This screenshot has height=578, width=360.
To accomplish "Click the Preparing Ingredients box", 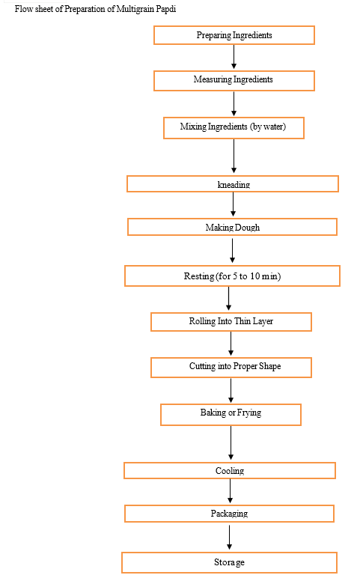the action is [234, 35].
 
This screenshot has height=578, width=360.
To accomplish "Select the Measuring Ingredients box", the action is [234, 81].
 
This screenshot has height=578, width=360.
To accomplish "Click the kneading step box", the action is [233, 183].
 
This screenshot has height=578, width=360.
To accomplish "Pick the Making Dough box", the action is [232, 227].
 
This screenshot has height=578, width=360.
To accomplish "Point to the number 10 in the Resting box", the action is [255, 276].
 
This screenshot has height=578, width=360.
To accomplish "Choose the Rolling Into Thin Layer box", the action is [231, 322].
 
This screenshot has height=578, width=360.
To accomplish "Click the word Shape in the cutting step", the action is [269, 366].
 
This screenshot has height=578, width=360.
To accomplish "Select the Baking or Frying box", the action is [231, 415].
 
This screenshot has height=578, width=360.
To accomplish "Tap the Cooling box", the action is [230, 470].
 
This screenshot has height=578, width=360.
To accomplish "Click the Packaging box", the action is [229, 514].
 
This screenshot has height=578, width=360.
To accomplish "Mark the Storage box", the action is [229, 562].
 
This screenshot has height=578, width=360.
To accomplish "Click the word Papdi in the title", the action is [166, 9].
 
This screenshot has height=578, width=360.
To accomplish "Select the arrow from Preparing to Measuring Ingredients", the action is [234, 57].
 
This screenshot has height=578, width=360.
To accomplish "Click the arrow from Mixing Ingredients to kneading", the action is [234, 156].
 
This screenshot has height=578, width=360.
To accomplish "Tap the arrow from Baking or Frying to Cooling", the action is [231, 442].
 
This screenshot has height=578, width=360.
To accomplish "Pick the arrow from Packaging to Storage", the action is [229, 538].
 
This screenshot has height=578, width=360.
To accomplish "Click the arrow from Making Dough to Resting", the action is [232, 251].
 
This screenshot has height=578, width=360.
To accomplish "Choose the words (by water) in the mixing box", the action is [268, 127].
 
